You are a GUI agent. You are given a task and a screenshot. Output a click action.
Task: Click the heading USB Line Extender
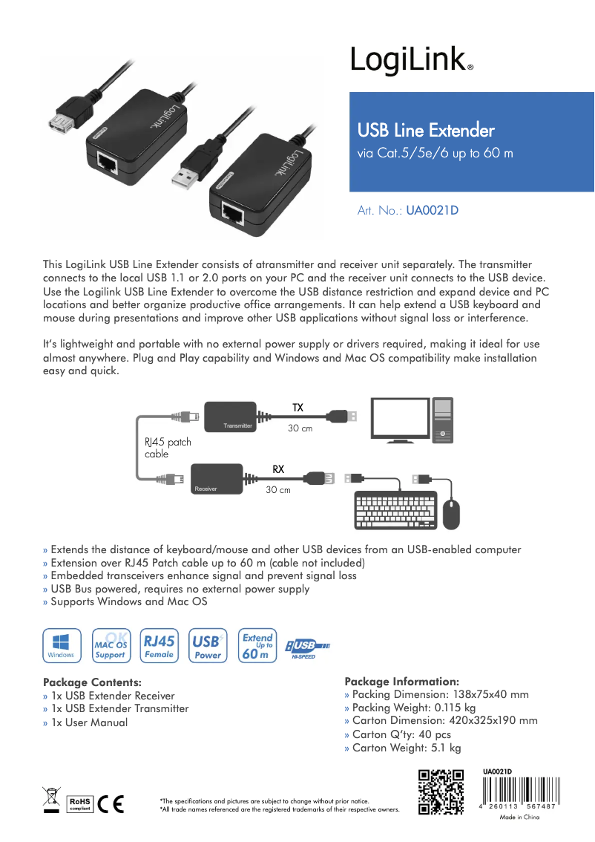click(426, 131)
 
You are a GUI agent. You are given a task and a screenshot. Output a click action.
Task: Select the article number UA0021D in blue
click(432, 210)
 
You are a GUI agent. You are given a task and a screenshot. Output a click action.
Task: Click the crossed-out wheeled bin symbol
click(51, 800)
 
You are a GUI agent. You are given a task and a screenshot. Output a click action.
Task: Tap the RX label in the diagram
click(278, 469)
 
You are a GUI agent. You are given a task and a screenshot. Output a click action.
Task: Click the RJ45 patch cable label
click(168, 448)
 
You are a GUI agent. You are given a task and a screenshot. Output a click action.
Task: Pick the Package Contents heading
click(92, 682)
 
